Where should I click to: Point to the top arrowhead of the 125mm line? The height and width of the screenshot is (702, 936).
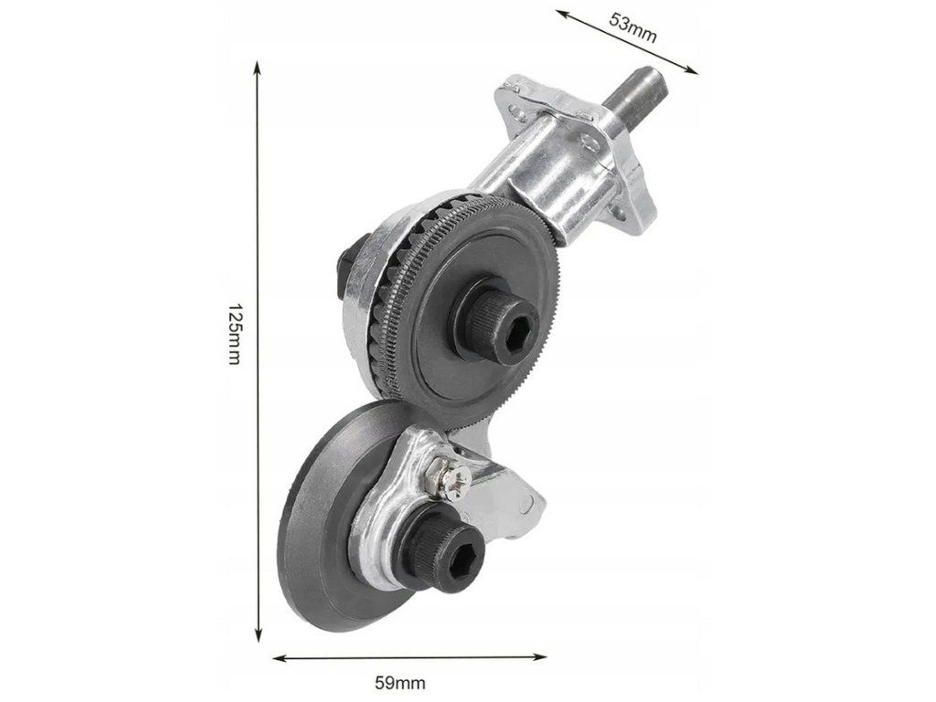(258, 66)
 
